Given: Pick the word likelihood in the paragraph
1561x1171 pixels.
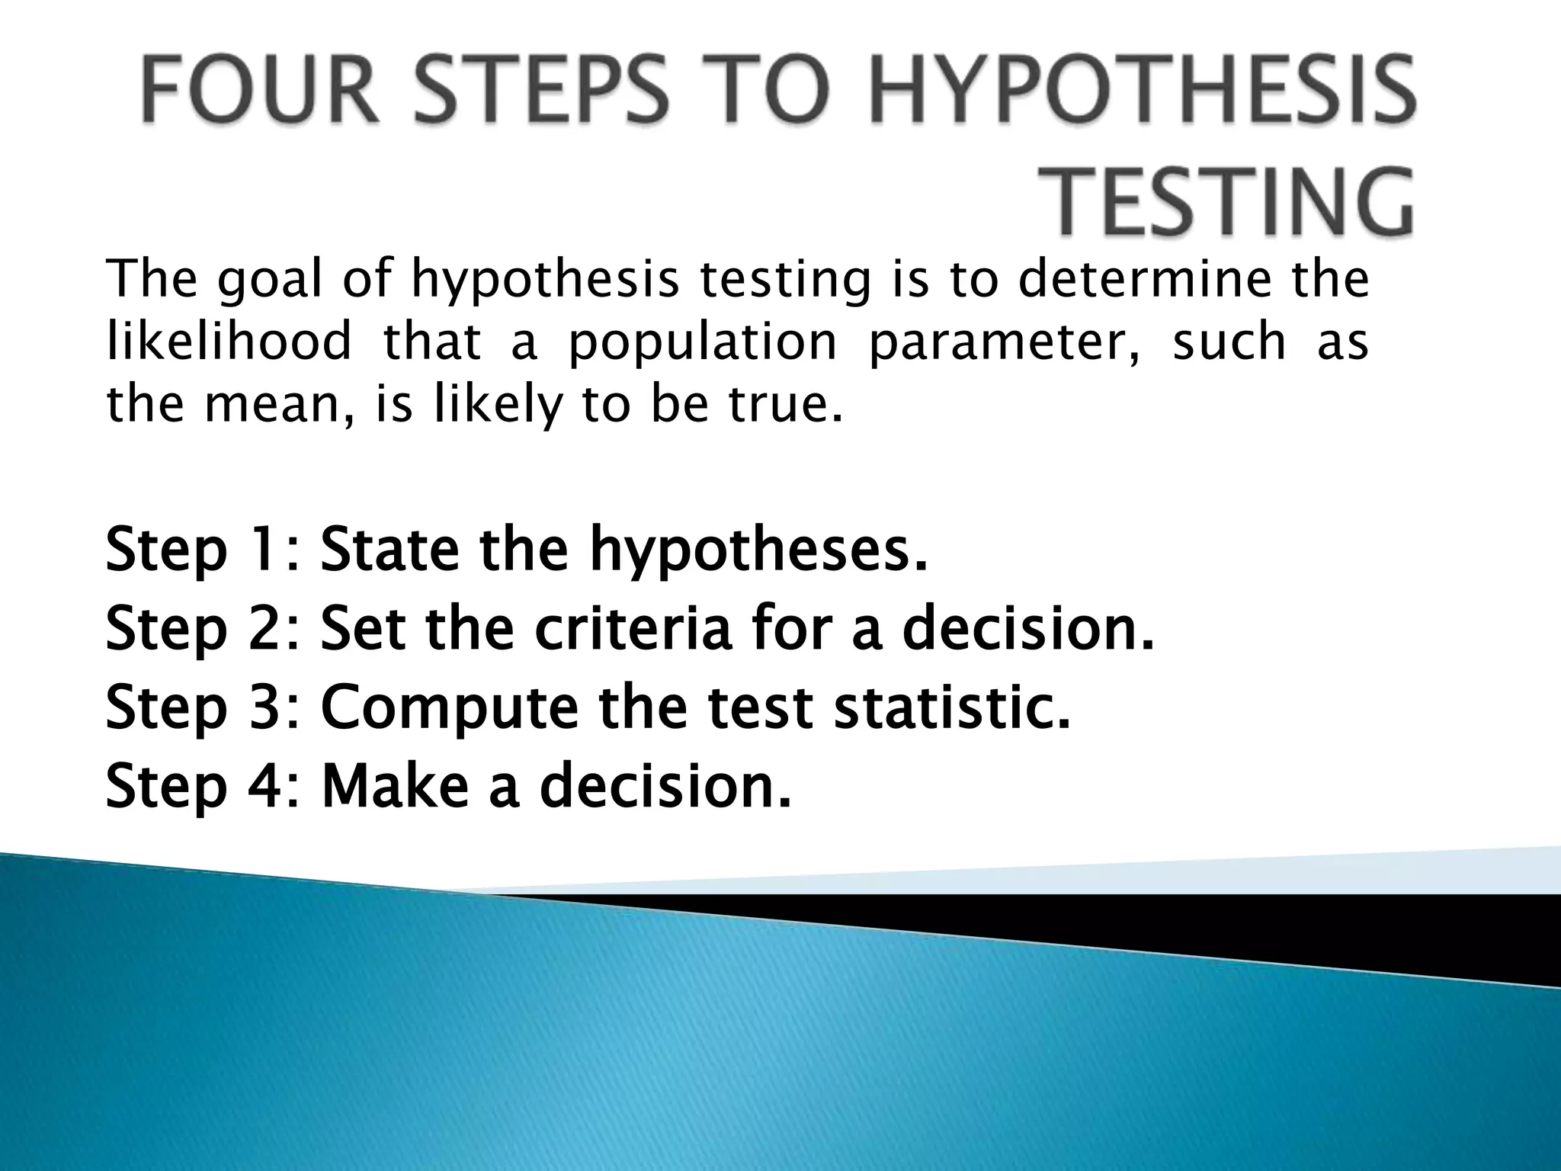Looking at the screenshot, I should [229, 341].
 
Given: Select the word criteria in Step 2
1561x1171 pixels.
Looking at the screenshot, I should [633, 630].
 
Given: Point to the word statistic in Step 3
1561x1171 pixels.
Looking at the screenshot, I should [953, 707].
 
